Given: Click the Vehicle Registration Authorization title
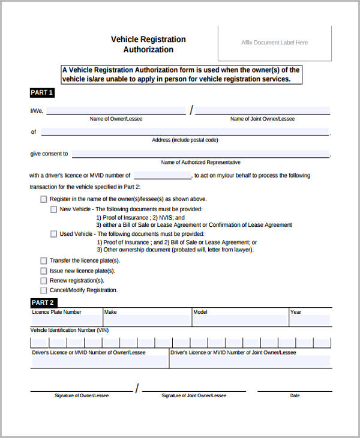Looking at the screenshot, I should [148, 44].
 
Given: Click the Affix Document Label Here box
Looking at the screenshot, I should [274, 43].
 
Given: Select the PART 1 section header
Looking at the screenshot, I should [42, 92].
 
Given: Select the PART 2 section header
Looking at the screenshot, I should [43, 302].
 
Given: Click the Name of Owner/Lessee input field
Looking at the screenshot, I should [116, 110].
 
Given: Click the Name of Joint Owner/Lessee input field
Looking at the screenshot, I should [262, 110].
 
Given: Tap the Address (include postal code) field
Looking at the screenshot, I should [185, 131].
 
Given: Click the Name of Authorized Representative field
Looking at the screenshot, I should [200, 154].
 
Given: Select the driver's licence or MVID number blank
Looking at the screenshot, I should [162, 176].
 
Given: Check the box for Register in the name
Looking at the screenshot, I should [43, 199].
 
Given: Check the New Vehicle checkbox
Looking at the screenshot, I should [53, 209].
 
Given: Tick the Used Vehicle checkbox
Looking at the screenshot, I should [53, 234].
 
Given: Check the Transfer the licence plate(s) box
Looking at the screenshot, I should [43, 261].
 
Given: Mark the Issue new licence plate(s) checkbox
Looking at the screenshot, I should [43, 271].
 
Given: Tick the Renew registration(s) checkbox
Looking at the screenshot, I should [43, 280].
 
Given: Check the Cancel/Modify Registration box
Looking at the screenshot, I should [43, 290].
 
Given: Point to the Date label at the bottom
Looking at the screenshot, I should [295, 396].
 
